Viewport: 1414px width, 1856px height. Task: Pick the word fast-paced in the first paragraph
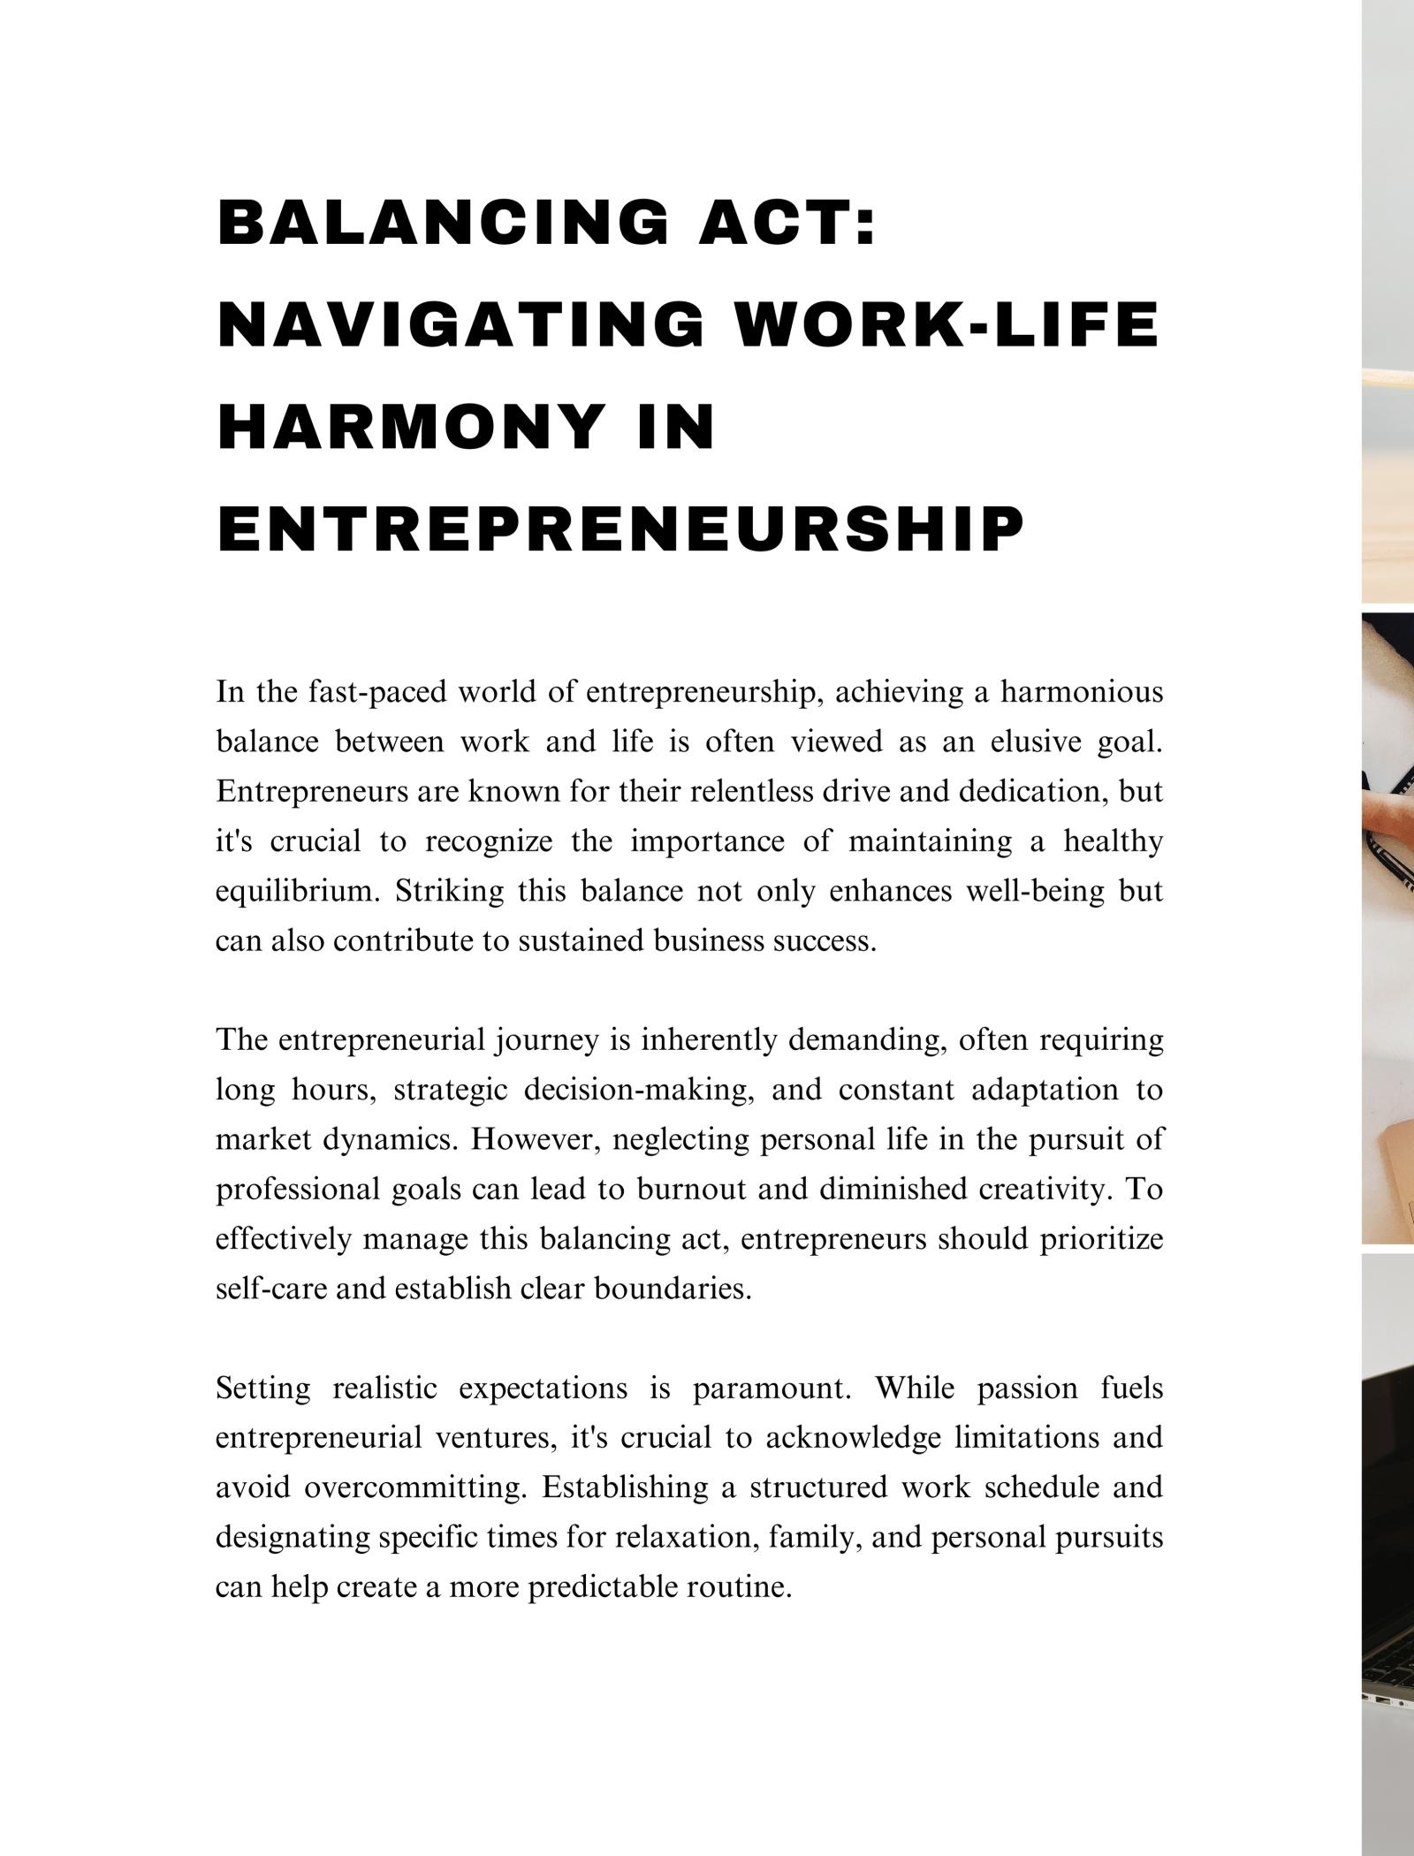point(377,692)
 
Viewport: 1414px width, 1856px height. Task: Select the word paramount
point(772,1388)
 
